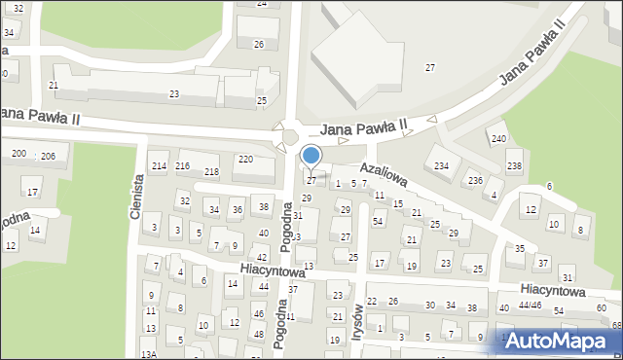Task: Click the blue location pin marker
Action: pos(311,156)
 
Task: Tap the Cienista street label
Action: pos(138,196)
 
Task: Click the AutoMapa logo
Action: pos(560,341)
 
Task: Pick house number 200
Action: pos(18,154)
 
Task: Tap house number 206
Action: pos(48,156)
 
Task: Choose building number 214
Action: pos(159,166)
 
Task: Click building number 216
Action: pos(182,166)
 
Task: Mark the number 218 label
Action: pos(211,172)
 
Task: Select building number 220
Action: pos(245,159)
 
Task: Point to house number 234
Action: pos(441,166)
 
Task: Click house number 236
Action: pos(474,181)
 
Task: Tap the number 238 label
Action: pos(514,166)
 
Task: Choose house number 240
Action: pos(498,139)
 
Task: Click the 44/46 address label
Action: pos(530,306)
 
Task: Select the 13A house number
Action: pos(148,355)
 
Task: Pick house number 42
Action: pos(262,257)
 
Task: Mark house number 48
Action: pos(258,334)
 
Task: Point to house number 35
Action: pos(520,249)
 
